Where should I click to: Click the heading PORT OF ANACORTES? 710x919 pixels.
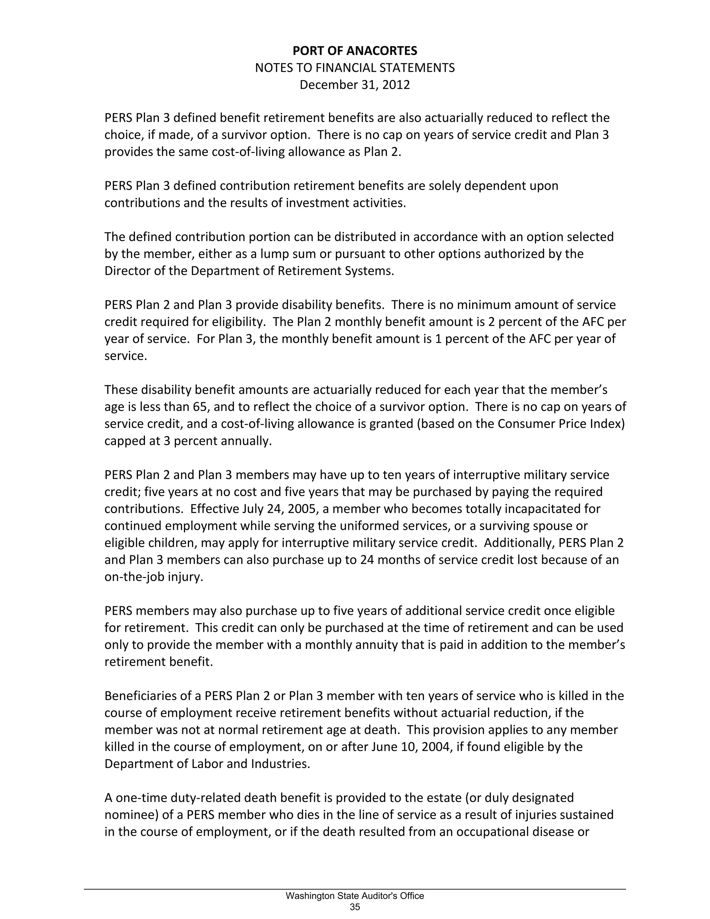tap(355, 51)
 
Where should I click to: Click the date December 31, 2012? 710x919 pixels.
tap(355, 85)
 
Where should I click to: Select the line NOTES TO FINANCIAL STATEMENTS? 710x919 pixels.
tap(355, 68)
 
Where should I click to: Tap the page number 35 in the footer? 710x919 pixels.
tap(355, 907)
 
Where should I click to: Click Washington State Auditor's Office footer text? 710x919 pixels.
tap(355, 896)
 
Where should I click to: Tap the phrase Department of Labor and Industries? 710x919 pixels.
tap(207, 763)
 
